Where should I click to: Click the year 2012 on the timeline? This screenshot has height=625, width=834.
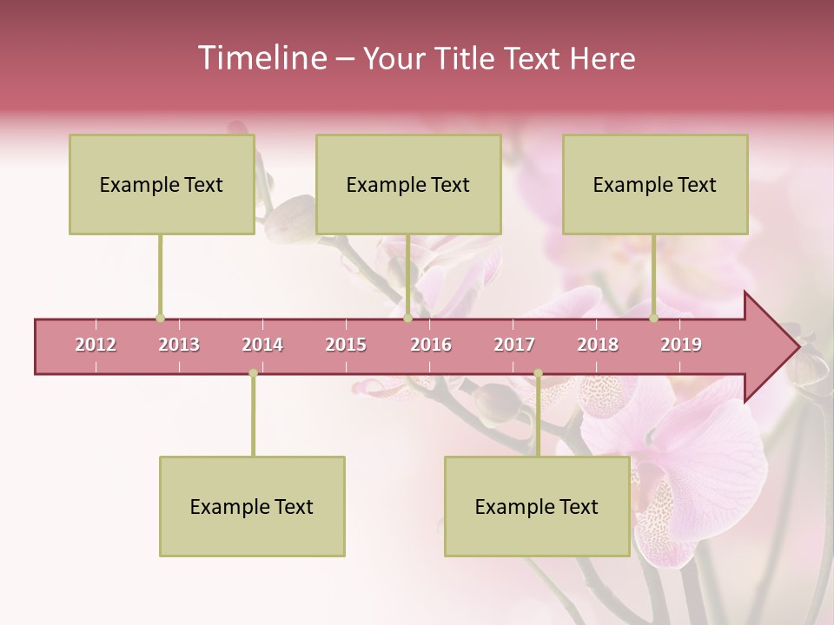pyautogui.click(x=96, y=345)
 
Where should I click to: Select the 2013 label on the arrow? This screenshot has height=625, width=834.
pyautogui.click(x=179, y=345)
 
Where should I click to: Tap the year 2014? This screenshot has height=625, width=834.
pyautogui.click(x=262, y=345)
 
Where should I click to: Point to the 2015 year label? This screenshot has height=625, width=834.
pyautogui.click(x=346, y=345)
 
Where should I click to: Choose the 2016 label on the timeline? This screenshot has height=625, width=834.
pyautogui.click(x=431, y=345)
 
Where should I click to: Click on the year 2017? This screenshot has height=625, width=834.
pyautogui.click(x=514, y=345)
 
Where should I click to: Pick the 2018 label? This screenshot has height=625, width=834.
pyautogui.click(x=598, y=345)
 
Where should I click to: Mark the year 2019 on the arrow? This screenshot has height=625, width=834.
pyautogui.click(x=681, y=345)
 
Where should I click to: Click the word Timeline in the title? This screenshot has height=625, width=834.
pyautogui.click(x=261, y=58)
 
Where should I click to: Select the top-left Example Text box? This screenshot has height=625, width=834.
pyautogui.click(x=162, y=184)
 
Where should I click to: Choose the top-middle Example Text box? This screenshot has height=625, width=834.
pyautogui.click(x=408, y=184)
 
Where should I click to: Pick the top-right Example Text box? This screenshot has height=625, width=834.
pyautogui.click(x=655, y=184)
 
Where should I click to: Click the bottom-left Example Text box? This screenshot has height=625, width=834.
pyautogui.click(x=252, y=506)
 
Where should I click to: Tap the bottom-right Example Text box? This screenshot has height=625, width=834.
pyautogui.click(x=537, y=506)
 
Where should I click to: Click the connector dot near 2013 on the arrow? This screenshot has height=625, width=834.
pyautogui.click(x=160, y=319)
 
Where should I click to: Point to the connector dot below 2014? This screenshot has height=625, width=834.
pyautogui.click(x=253, y=373)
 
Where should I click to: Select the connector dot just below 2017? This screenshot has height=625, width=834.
pyautogui.click(x=538, y=373)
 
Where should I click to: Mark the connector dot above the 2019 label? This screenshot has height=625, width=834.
pyautogui.click(x=653, y=319)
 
